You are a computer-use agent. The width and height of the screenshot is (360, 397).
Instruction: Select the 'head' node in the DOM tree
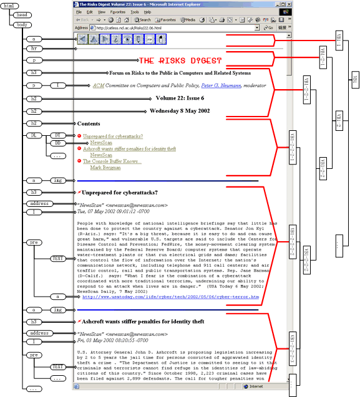pos(19,15)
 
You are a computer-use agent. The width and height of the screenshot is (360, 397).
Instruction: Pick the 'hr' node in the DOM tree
pos(34,48)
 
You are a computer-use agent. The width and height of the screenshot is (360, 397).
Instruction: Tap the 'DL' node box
pos(34,135)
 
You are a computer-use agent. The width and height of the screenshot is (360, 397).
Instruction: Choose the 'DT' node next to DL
pos(56,135)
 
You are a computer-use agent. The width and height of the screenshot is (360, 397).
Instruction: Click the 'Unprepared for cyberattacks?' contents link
pos(112,136)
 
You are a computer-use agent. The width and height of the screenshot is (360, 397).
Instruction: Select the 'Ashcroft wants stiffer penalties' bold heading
pos(143,322)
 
